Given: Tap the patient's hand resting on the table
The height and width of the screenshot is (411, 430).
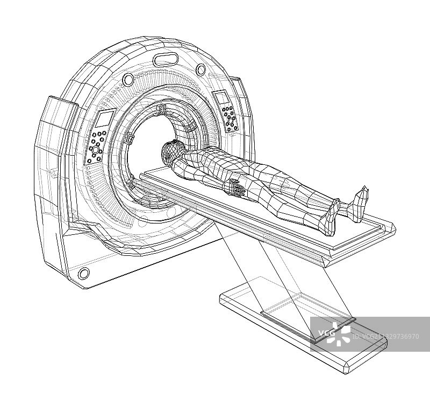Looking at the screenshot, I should tap(237, 188).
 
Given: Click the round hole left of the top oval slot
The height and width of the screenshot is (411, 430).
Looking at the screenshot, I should tap(128, 79).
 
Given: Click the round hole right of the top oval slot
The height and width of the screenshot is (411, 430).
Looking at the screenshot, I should tap(200, 69).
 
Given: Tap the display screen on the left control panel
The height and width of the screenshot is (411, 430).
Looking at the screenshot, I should tap(105, 119).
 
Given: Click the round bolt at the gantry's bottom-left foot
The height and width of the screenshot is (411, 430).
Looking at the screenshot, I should tap(83, 273).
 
